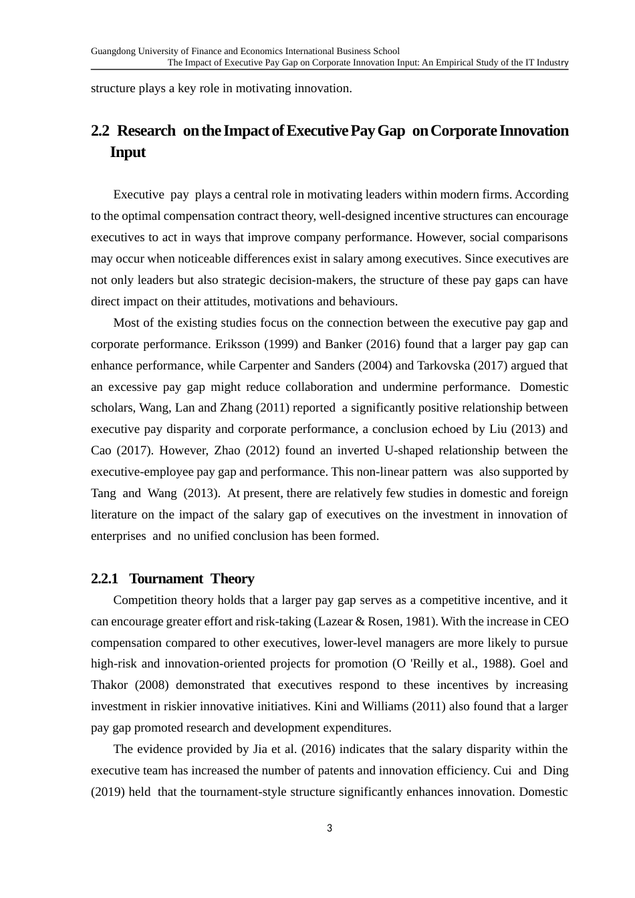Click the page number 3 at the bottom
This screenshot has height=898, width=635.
(x=330, y=829)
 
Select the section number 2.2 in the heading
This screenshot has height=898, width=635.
(x=100, y=131)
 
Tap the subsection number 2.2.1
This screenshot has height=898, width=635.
(x=104, y=579)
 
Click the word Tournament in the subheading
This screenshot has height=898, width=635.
(x=166, y=579)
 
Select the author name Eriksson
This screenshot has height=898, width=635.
(x=235, y=344)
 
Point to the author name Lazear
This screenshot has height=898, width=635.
(x=333, y=621)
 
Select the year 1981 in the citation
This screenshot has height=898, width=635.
(x=420, y=621)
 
